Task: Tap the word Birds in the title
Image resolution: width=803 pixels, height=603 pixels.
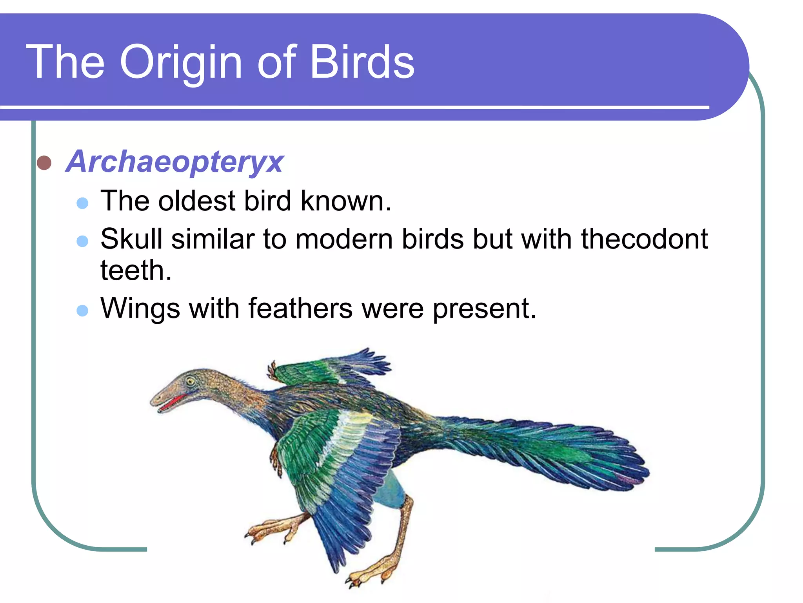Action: click(362, 62)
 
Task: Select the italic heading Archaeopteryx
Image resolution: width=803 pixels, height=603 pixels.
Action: click(175, 161)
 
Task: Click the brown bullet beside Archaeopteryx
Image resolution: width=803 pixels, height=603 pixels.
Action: click(44, 163)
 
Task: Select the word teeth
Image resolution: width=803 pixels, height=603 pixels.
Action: click(136, 270)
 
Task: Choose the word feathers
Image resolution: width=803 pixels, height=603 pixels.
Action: click(300, 309)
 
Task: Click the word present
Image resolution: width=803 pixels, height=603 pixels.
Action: click(484, 309)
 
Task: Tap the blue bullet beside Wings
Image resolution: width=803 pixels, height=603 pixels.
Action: click(82, 311)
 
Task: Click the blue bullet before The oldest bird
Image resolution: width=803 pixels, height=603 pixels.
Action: click(82, 203)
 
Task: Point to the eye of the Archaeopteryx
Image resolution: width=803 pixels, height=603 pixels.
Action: click(191, 381)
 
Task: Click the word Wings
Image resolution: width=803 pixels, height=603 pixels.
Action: click(140, 309)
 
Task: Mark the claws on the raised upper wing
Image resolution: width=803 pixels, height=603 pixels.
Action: click(271, 371)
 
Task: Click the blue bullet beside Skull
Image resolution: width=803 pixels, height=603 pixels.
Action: click(82, 241)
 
